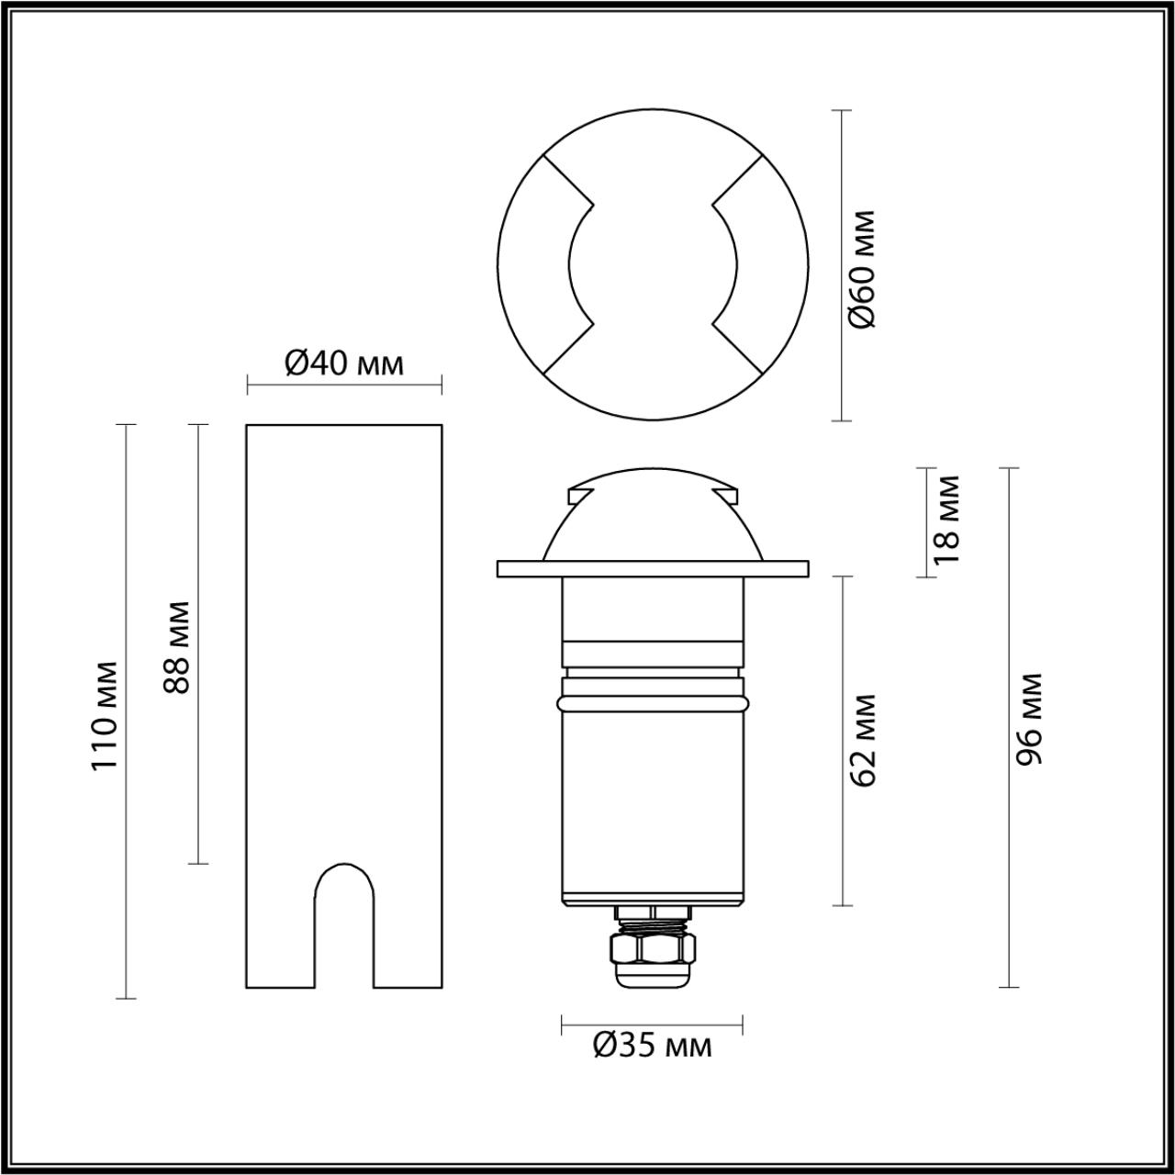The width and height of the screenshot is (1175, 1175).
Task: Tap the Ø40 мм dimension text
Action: [x=343, y=364]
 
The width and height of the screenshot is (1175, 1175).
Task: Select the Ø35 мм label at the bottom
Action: [x=652, y=1045]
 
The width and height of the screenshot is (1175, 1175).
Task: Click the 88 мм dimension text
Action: [x=176, y=647]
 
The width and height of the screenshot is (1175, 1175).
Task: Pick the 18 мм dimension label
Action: [x=946, y=519]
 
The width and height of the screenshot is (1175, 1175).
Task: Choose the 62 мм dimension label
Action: [x=864, y=741]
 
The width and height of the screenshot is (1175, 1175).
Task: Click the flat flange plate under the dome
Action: [x=653, y=568]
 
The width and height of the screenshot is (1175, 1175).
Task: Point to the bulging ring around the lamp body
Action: [x=653, y=703]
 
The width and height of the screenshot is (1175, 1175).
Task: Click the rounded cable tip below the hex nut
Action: [x=653, y=975]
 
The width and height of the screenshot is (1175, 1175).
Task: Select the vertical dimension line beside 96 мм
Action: [x=1009, y=727]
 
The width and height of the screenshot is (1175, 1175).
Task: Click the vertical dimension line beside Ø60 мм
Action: [x=842, y=265]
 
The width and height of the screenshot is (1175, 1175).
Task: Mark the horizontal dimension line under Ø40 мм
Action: [x=344, y=385]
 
